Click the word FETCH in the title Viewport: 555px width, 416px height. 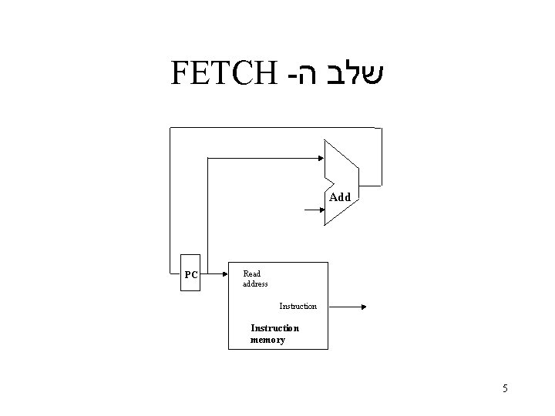[x=222, y=73]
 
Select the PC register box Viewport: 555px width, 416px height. [x=190, y=274]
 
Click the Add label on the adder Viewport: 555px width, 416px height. [x=340, y=197]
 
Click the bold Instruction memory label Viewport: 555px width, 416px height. [x=274, y=334]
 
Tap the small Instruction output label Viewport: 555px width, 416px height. [x=298, y=307]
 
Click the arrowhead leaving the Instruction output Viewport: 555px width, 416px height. [x=364, y=307]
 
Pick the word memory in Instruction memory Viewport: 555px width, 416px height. [x=267, y=340]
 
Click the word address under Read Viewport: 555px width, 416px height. [x=255, y=284]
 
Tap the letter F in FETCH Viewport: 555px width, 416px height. [x=177, y=73]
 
